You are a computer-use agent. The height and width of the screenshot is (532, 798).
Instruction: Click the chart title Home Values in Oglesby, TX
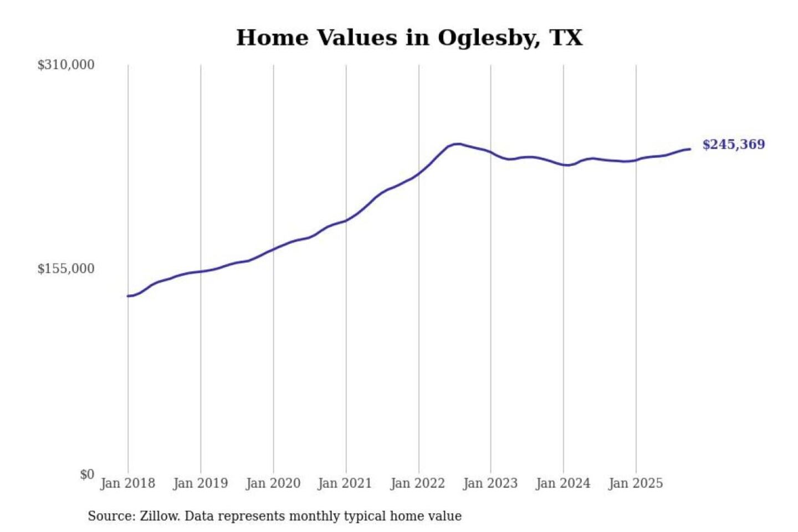point(409,38)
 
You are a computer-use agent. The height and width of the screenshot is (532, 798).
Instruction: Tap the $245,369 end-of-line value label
point(733,145)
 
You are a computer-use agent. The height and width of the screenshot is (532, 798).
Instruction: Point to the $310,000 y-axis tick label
point(66,65)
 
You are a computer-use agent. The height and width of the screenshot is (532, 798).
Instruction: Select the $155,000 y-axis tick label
point(66,269)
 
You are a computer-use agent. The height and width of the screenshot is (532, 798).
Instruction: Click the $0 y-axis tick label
point(87,474)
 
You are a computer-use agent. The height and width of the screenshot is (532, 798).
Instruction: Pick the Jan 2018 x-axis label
point(127,483)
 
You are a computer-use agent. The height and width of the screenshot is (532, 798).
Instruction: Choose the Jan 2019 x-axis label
point(200,483)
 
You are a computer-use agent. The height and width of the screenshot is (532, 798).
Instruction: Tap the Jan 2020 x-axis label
point(273,483)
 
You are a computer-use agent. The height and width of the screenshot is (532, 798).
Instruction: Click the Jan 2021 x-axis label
point(345,483)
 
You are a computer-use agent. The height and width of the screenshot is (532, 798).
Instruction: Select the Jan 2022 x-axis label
point(417,483)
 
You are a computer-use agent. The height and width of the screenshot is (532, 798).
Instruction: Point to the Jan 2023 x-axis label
point(490,483)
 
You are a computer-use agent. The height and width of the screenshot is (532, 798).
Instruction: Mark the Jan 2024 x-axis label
point(562,483)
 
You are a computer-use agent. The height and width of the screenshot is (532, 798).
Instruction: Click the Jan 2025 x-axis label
point(635,483)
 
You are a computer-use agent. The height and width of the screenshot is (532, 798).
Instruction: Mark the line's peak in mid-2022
point(457,144)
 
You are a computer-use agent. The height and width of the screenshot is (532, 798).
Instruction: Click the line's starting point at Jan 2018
point(128,296)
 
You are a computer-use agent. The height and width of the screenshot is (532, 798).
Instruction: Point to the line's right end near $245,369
point(690,149)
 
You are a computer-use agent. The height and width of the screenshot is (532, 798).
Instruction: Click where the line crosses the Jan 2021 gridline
point(346,221)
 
